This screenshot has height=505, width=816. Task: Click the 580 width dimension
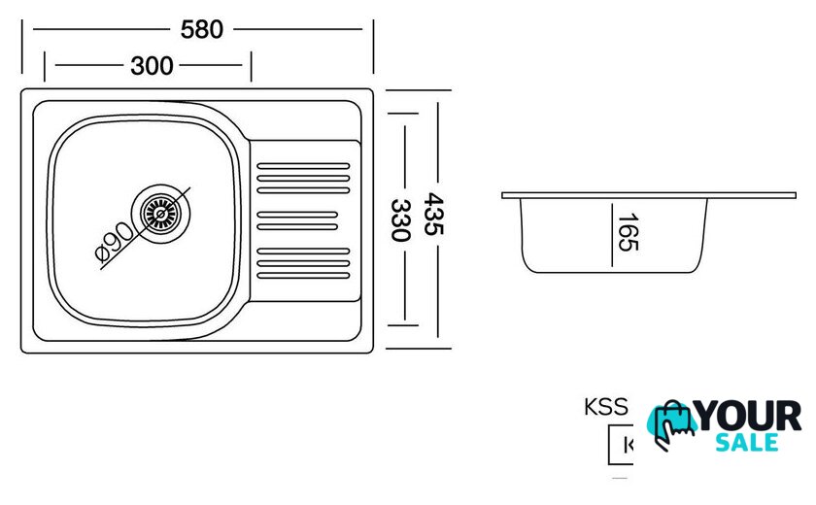[202, 29]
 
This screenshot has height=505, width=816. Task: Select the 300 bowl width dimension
[152, 66]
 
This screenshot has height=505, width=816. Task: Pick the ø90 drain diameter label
[115, 242]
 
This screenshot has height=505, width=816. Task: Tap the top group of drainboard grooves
[302, 178]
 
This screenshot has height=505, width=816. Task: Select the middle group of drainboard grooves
[297, 220]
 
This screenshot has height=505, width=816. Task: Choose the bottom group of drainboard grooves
[302, 263]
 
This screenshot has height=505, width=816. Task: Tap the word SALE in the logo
[747, 443]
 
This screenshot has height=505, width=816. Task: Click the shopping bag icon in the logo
[673, 422]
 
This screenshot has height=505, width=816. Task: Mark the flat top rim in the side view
[648, 195]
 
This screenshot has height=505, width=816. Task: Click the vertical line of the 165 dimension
[612, 233]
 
